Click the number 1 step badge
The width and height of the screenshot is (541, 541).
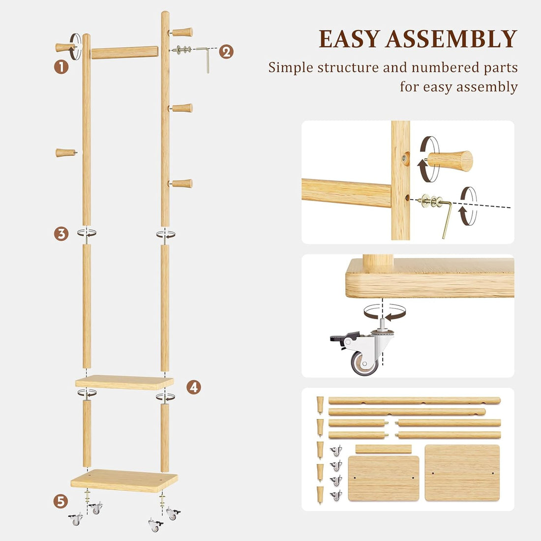point(61,66)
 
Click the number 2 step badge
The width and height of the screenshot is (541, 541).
point(226,51)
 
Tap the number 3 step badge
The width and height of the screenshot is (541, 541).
point(61,234)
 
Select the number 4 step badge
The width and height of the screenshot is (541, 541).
point(194,387)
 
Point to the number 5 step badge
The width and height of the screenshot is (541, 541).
point(60,501)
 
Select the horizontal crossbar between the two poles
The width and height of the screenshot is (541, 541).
point(124,52)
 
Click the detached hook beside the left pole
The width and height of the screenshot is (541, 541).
point(64,153)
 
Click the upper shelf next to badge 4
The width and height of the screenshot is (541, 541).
point(124,382)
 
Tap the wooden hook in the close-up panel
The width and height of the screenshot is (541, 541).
point(450,161)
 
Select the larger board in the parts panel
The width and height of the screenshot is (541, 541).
point(462,473)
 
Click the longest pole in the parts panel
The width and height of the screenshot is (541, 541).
point(414,400)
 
